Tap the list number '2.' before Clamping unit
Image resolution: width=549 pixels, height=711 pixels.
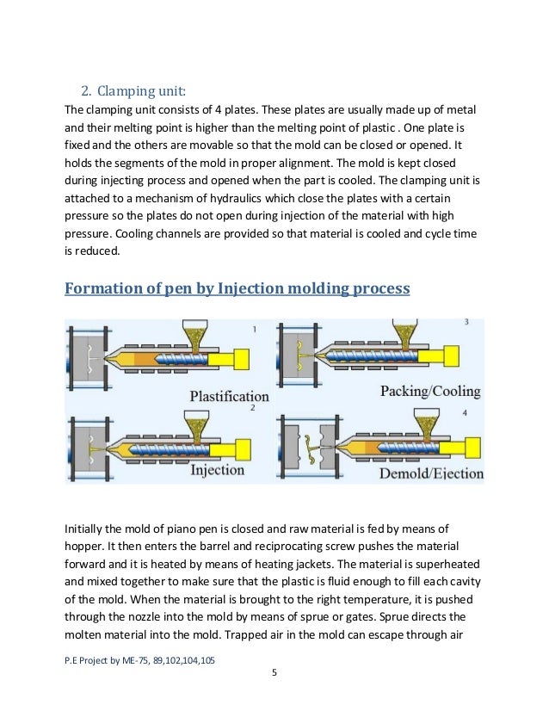click(x=86, y=91)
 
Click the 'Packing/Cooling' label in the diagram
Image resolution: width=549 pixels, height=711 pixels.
click(x=429, y=391)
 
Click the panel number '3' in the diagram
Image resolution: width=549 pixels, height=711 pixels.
click(x=466, y=322)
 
